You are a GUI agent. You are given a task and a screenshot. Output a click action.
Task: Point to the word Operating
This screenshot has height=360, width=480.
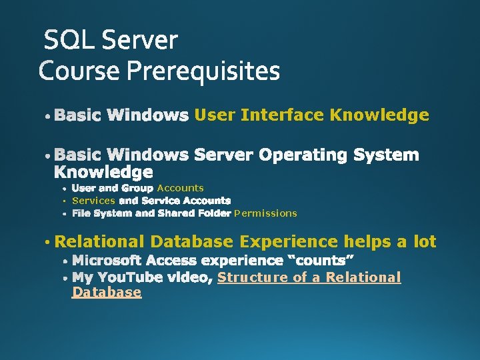coord(303,155)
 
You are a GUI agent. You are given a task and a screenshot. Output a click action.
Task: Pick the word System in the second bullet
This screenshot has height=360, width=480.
coord(386,155)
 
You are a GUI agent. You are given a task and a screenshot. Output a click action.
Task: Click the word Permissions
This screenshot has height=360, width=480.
coord(266,213)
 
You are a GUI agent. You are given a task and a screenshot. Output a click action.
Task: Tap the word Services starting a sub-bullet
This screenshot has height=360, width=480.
coord(93,201)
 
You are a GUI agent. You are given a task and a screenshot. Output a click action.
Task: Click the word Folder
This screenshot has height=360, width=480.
coord(215,213)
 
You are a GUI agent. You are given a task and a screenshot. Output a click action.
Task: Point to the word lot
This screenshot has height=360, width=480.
coord(423,241)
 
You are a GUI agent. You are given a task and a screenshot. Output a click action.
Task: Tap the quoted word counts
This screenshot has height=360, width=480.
coord(325,259)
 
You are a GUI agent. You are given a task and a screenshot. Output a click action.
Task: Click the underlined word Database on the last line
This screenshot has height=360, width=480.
coord(107,292)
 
